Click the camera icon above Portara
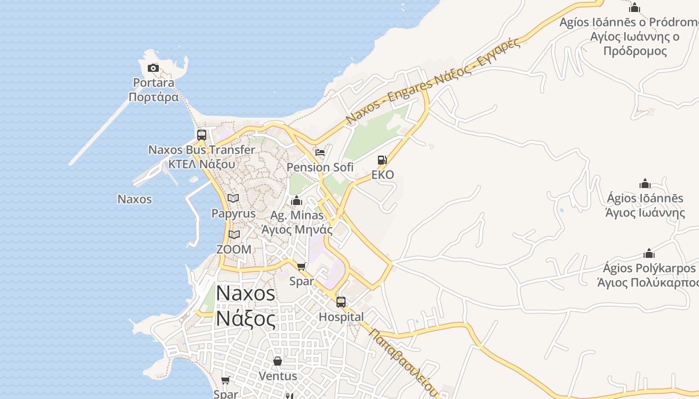pos(153,68)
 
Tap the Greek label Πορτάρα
pos(153,97)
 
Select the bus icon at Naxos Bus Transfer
pos(202,135)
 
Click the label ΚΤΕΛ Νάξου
pos(202,164)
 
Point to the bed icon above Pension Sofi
pos(320,152)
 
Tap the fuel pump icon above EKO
pos(382,160)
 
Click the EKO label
pos(382,175)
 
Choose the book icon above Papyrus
pos(233,199)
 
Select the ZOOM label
pos(234,249)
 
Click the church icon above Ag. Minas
pos(297,201)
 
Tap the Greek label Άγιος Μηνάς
pos(297,230)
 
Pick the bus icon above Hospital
pos(341,302)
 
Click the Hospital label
pos(341,317)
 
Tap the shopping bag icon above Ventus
pos(278,361)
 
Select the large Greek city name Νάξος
pos(245,318)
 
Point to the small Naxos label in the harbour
pos(134,199)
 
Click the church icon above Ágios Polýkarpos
pos(649,254)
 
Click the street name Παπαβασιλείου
pos(403,361)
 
